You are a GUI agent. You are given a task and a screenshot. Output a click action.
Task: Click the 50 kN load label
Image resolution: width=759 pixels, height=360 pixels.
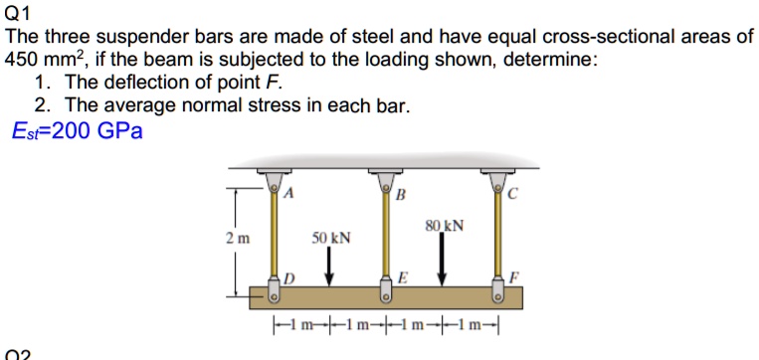pos(331,238)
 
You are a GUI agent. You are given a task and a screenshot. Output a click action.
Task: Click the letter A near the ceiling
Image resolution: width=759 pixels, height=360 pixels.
pos(289,194)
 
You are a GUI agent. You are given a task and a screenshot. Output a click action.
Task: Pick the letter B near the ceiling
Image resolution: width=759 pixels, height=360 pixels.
pos(401,194)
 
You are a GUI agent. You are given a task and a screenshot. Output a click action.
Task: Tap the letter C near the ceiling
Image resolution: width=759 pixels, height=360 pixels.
pos(511,194)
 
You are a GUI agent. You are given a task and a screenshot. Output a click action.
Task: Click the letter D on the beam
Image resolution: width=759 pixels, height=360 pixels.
pos(290,277)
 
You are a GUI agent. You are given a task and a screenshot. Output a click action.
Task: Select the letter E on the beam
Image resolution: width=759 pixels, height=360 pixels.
pos(402,277)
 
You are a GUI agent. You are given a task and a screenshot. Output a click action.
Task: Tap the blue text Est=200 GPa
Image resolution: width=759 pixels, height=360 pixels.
pos(77,131)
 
